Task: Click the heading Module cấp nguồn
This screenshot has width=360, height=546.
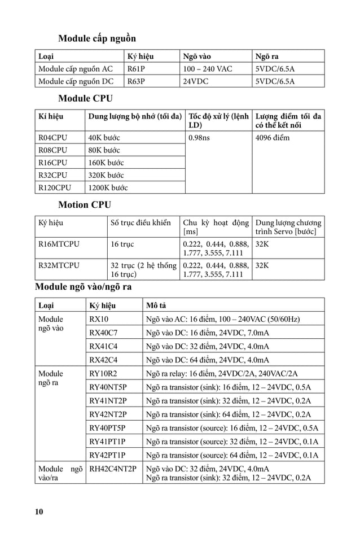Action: (97, 39)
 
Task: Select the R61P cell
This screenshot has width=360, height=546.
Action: (136, 69)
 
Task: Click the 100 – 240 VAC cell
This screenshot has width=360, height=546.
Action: (207, 69)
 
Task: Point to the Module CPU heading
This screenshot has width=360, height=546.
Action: (85, 99)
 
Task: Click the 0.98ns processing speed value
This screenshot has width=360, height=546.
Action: (199, 138)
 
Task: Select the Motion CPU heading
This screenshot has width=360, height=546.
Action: (85, 204)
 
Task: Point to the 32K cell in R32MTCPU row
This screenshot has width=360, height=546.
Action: (262, 264)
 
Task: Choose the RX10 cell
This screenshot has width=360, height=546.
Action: (99, 319)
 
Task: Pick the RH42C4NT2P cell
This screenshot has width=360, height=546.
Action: (113, 469)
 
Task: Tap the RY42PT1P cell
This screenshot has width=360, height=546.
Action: (107, 455)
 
